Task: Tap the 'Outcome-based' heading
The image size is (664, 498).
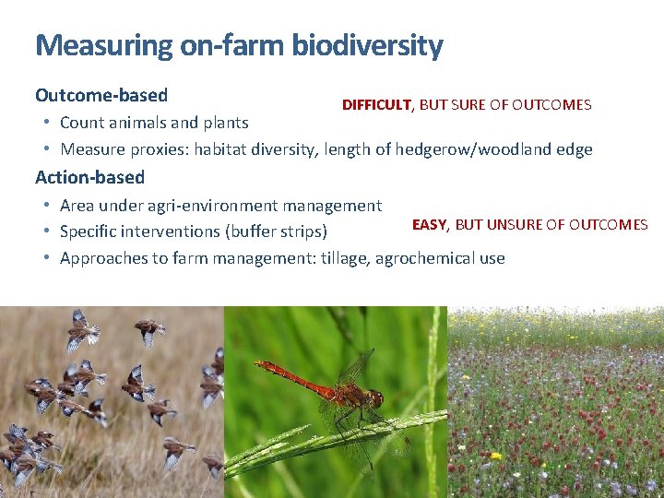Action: (x=101, y=95)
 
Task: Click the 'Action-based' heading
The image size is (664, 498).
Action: (x=89, y=176)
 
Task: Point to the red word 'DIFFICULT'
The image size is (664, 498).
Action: (x=376, y=105)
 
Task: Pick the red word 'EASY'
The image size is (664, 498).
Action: (x=429, y=225)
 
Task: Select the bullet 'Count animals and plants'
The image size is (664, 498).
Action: (x=154, y=123)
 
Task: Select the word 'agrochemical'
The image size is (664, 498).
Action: (x=427, y=258)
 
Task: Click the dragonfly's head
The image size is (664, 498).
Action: (x=375, y=398)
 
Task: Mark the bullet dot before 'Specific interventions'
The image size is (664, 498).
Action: (x=46, y=231)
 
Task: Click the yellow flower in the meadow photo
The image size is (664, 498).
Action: (x=495, y=456)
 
